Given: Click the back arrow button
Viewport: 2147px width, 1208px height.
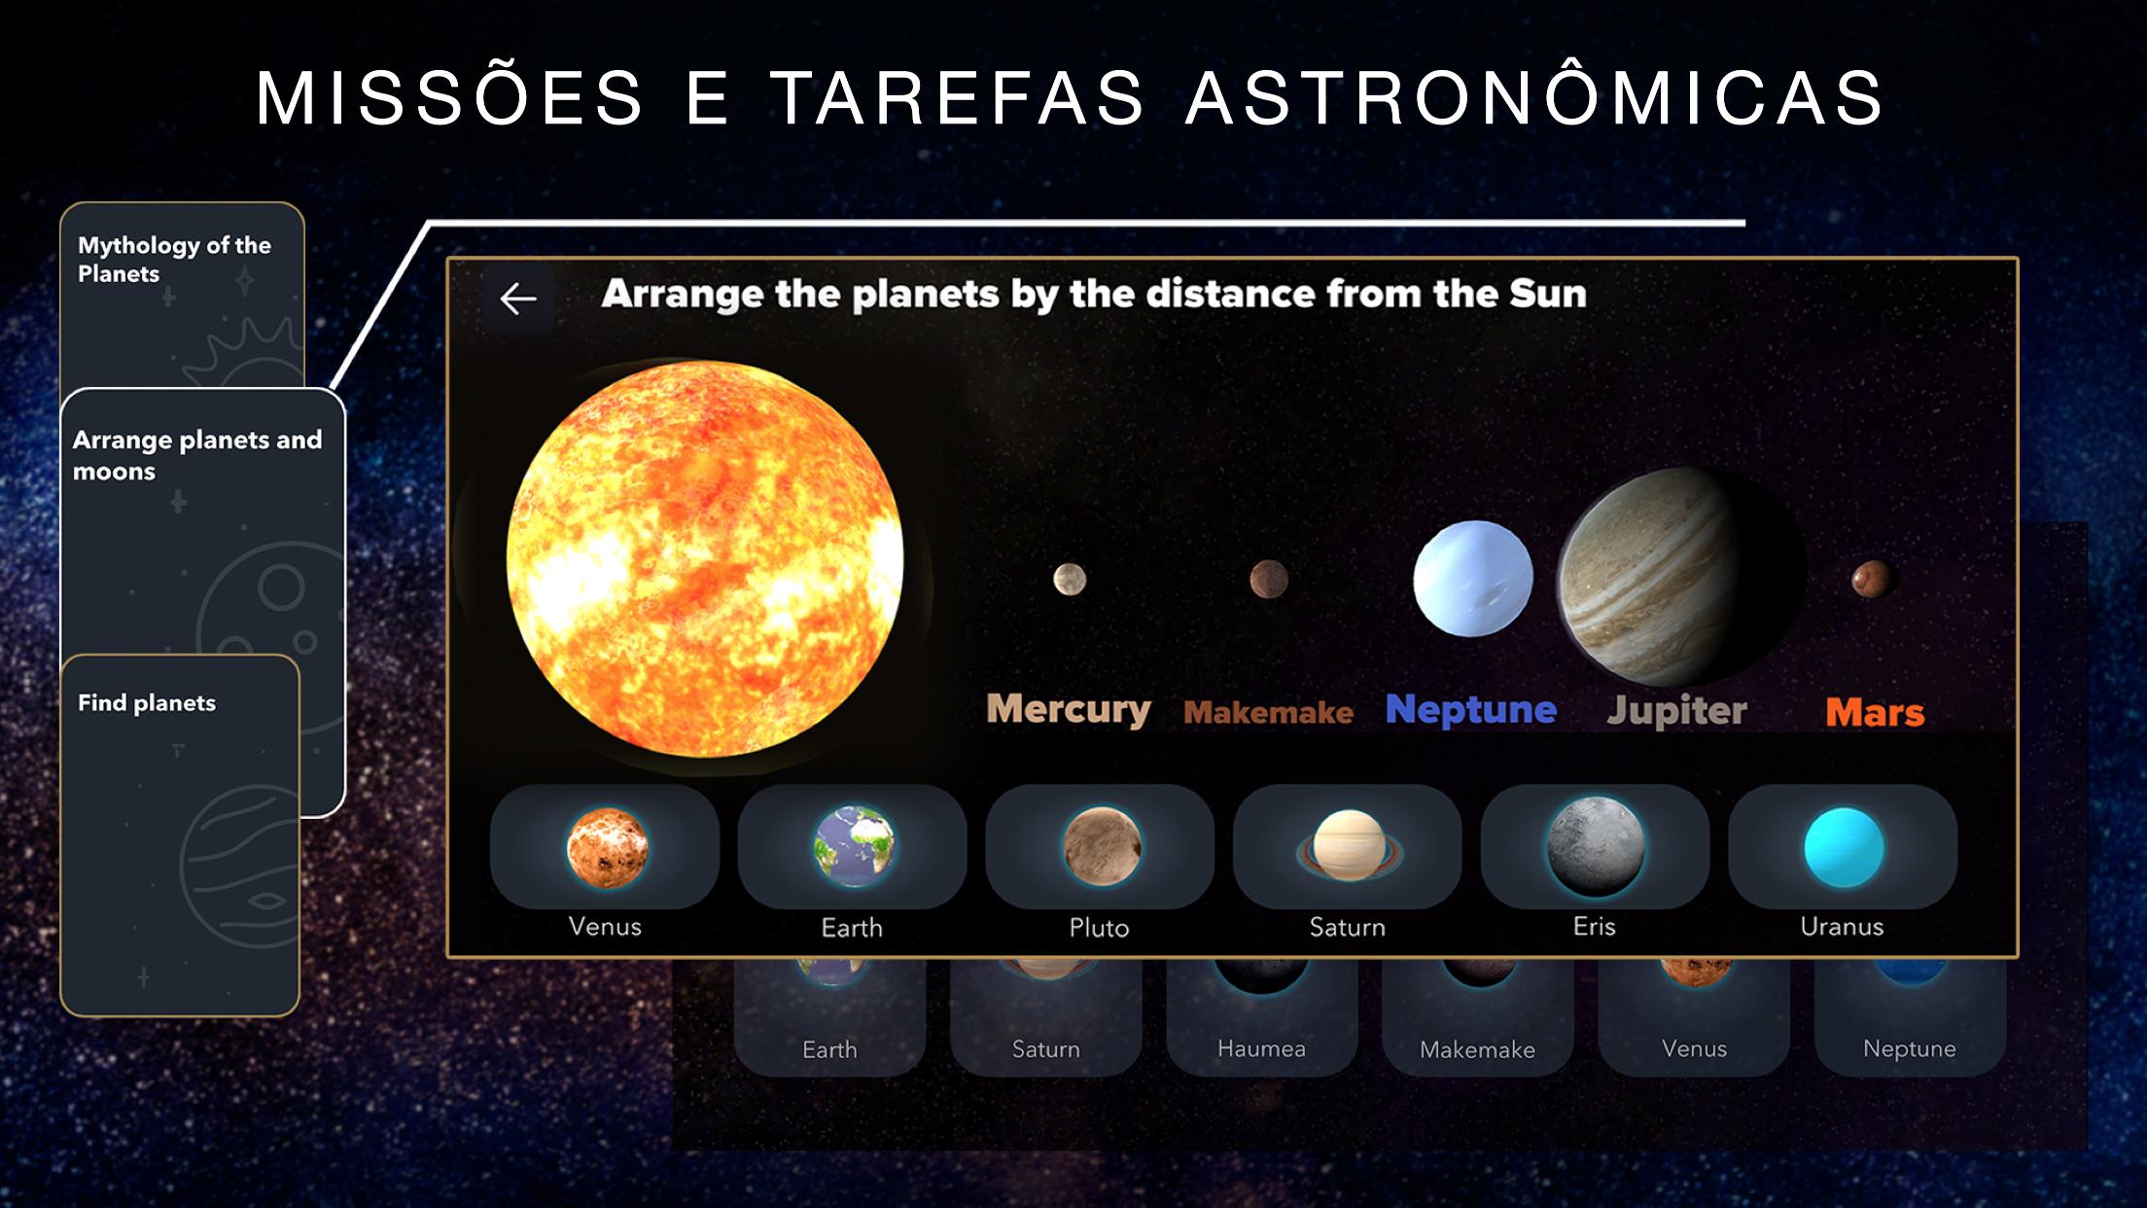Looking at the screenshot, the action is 518,298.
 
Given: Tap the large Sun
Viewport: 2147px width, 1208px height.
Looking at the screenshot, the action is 704,559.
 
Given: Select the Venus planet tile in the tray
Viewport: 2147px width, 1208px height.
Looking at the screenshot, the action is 605,846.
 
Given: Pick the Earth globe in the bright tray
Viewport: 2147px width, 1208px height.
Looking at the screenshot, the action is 854,846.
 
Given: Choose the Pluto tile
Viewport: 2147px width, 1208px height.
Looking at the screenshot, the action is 1100,846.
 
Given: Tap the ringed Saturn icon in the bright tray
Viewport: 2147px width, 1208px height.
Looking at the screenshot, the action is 1348,846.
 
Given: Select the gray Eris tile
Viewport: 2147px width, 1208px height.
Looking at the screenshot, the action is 1595,846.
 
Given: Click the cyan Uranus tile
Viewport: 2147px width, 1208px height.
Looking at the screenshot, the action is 1843,846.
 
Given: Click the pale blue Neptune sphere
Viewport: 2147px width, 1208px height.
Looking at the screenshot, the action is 1473,578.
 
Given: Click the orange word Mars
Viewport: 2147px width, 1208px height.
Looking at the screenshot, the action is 1875,713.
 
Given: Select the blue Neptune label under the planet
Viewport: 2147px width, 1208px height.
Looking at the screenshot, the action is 1471,710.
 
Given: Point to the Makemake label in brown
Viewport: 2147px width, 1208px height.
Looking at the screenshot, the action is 1268,713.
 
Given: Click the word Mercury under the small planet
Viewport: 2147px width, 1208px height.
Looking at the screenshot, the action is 1069,709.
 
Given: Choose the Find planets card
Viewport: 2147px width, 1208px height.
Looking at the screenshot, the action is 180,836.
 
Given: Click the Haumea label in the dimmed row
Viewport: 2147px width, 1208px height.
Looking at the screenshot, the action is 1261,1048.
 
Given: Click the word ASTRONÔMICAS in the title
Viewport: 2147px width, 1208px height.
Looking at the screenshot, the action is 1534,97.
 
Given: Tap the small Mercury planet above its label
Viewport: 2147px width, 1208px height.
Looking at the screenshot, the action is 1070,580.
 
